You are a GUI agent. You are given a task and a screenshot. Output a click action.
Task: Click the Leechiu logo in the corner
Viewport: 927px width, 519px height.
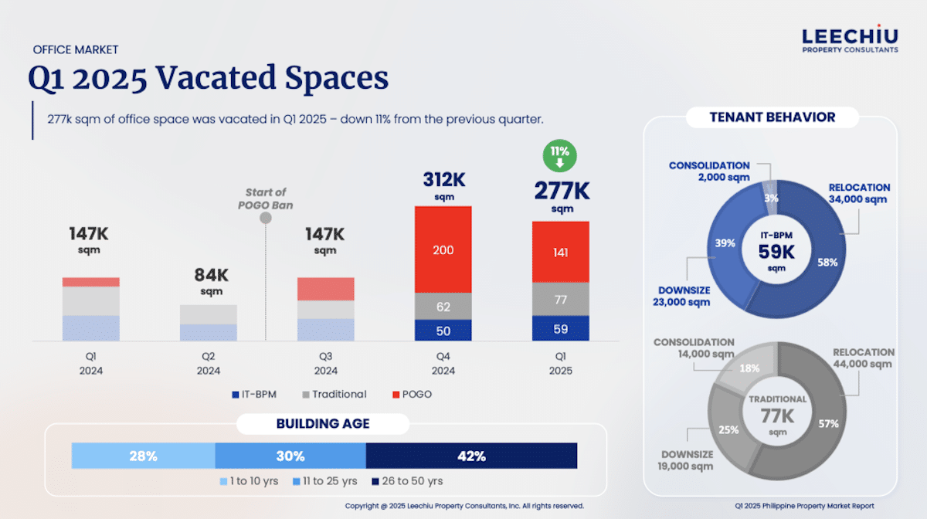pos(850,40)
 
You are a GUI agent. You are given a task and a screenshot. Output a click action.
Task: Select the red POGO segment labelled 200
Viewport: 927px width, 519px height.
pos(443,249)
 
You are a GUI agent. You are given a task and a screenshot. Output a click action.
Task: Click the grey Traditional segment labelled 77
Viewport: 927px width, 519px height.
pos(560,299)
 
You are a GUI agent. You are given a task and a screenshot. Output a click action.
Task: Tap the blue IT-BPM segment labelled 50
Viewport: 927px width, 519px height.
pos(443,331)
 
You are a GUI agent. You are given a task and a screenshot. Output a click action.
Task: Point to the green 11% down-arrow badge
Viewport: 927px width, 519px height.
pos(560,157)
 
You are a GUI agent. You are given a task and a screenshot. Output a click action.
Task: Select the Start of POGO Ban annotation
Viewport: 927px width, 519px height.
pos(266,198)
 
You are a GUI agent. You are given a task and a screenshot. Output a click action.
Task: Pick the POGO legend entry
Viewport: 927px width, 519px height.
pos(413,395)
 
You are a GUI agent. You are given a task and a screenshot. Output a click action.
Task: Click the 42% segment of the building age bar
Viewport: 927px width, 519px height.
pos(471,456)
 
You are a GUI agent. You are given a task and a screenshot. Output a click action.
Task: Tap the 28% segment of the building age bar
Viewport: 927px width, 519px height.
pos(143,456)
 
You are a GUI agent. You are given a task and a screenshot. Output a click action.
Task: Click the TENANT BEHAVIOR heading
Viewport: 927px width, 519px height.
pos(772,117)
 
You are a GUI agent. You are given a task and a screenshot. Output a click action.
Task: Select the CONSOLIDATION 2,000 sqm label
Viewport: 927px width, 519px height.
pos(709,171)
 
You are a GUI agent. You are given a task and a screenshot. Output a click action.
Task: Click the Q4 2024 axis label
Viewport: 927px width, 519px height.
pos(443,364)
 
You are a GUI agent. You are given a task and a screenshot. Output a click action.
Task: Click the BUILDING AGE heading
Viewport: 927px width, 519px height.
pos(323,424)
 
